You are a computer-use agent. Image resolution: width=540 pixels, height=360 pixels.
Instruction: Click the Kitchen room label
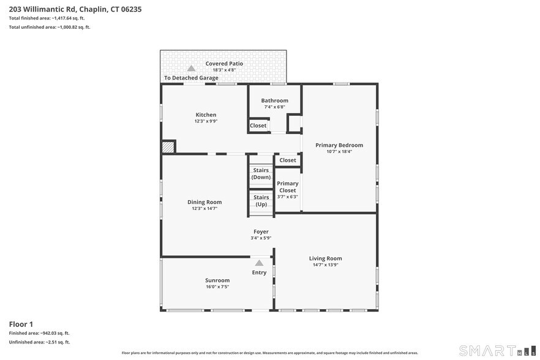(x=206, y=115)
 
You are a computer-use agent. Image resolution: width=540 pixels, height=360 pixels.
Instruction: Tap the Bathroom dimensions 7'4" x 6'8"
(x=274, y=107)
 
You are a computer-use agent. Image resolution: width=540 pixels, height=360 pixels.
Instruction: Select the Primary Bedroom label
(x=339, y=145)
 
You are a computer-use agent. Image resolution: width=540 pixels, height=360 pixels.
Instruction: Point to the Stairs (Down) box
(x=261, y=174)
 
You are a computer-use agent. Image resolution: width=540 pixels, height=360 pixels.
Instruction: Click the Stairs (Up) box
(x=261, y=201)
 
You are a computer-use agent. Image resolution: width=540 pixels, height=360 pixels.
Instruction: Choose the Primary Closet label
(x=287, y=187)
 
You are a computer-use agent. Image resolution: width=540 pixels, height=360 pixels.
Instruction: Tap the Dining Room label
(x=204, y=202)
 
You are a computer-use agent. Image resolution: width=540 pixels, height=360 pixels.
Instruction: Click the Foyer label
(x=261, y=231)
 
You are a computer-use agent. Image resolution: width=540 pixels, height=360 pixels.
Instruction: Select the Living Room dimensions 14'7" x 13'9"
(x=325, y=264)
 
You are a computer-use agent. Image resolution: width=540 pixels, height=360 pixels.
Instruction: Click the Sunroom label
(x=217, y=280)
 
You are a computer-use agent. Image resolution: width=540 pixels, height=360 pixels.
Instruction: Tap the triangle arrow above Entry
(x=259, y=263)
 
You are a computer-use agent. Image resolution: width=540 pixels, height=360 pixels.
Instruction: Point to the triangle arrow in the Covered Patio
(x=191, y=69)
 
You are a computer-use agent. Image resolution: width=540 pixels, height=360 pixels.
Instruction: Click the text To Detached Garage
(x=191, y=78)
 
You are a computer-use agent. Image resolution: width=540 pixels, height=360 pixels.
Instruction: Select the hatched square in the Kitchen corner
(x=168, y=146)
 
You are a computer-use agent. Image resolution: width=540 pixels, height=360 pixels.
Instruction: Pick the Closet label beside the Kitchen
(x=258, y=126)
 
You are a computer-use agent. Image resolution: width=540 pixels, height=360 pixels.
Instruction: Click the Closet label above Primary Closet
(x=287, y=160)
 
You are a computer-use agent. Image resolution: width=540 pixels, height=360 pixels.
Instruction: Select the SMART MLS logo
(x=495, y=350)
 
